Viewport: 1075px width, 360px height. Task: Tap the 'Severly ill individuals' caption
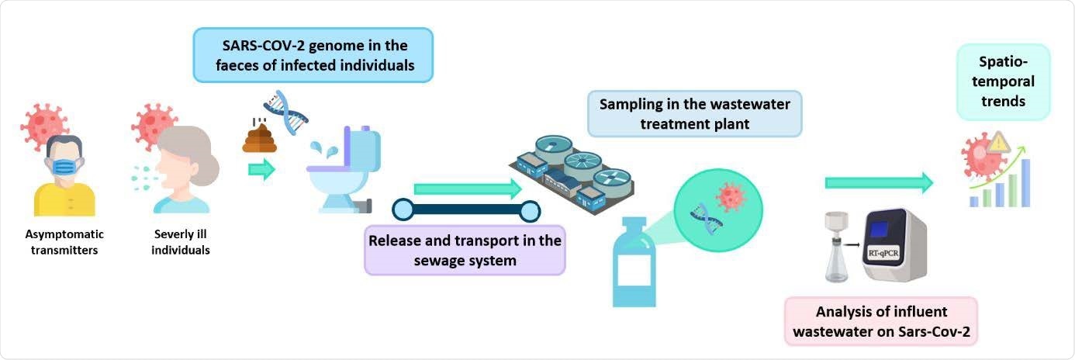(181, 241)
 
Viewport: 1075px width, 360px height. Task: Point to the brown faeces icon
(260, 138)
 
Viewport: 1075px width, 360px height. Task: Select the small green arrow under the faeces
(262, 170)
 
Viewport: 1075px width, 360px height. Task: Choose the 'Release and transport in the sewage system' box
(465, 251)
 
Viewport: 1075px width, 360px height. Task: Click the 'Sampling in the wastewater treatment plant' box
(694, 114)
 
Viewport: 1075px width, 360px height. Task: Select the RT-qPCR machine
(895, 245)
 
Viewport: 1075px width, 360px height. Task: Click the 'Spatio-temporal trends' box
(1003, 81)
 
